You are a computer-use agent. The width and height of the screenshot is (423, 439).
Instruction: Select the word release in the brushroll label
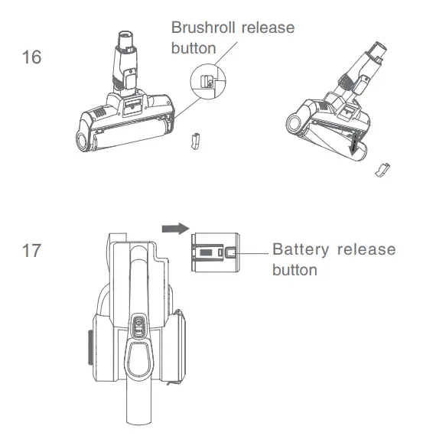tap(267, 28)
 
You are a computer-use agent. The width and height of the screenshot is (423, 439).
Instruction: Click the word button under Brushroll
tap(193, 47)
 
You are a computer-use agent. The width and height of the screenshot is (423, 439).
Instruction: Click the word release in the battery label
tap(369, 251)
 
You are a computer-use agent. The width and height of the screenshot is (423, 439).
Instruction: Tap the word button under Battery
tap(294, 270)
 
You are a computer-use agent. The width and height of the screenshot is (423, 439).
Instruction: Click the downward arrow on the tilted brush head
tap(353, 144)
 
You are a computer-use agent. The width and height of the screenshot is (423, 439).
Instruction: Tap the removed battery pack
tap(214, 252)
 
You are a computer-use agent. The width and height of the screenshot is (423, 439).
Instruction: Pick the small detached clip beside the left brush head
tap(194, 141)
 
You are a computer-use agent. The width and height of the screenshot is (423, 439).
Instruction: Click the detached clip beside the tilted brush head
tap(380, 169)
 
